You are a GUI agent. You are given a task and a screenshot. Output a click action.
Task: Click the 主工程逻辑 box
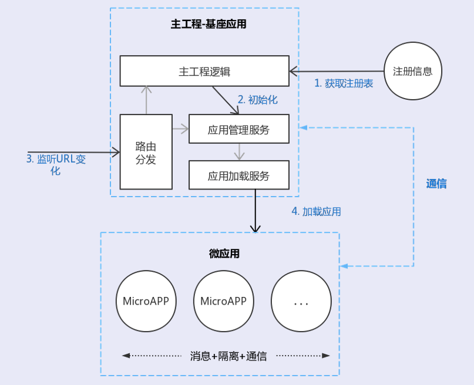(x=204, y=71)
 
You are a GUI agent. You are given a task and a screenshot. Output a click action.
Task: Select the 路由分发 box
(x=146, y=152)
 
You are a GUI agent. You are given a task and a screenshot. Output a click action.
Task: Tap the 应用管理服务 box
(x=238, y=129)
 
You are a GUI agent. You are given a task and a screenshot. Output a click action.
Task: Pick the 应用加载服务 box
(x=238, y=175)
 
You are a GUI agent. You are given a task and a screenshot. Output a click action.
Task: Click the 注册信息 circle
(x=412, y=71)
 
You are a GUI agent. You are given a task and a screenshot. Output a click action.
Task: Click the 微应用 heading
(x=224, y=254)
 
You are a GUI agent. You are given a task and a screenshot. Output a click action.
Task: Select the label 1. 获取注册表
(x=344, y=83)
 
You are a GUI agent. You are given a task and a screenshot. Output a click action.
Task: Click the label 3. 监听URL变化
(x=56, y=164)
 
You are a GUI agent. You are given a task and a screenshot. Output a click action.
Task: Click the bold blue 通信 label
(x=436, y=184)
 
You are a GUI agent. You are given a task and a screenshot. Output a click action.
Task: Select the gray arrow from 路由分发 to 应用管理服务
(x=180, y=128)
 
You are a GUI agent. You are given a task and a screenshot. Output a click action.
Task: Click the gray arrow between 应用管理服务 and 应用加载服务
(x=238, y=151)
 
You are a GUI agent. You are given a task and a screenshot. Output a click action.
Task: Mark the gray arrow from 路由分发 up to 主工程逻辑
(x=146, y=100)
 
